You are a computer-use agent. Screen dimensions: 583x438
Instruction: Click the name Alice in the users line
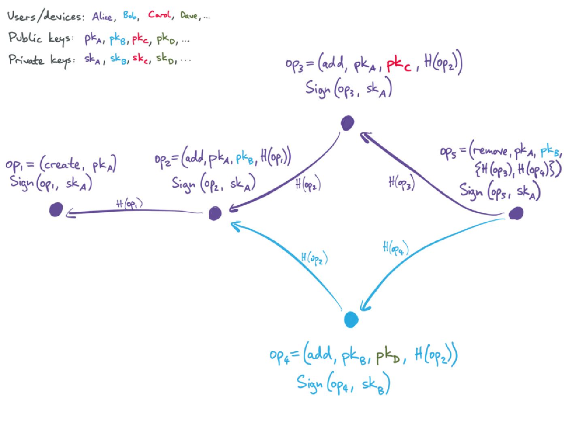[102, 17]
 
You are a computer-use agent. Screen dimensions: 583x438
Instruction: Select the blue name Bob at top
[130, 16]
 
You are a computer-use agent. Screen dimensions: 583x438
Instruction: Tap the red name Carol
[159, 15]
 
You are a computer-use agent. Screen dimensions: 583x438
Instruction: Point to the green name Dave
[189, 16]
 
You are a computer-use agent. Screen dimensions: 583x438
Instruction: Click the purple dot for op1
[56, 210]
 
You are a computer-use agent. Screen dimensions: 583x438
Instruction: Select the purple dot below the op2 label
[215, 213]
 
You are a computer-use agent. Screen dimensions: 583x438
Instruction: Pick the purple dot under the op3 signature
[347, 123]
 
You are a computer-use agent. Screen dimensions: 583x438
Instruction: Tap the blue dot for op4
[351, 320]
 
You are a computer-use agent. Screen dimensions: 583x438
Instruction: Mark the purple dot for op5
[516, 213]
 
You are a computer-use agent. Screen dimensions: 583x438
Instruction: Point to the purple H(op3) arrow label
[401, 183]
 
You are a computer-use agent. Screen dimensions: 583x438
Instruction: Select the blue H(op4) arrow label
[395, 248]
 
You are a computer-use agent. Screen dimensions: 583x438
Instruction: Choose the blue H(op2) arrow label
[314, 258]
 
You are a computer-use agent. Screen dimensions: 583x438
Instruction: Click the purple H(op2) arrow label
[308, 185]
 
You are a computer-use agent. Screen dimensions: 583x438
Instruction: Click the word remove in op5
[490, 151]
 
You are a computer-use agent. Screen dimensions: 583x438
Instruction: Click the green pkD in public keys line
[166, 39]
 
